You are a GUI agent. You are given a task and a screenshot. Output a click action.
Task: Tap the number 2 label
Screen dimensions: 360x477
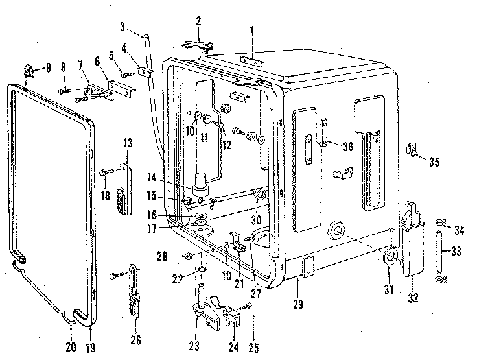pyautogui.click(x=199, y=21)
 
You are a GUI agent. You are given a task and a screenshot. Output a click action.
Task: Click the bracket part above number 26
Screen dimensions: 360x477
pyautogui.click(x=134, y=285)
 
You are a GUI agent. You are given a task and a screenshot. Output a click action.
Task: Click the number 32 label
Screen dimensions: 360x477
pyautogui.click(x=413, y=298)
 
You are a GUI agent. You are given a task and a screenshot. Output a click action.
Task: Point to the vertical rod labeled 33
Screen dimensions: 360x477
pyautogui.click(x=441, y=252)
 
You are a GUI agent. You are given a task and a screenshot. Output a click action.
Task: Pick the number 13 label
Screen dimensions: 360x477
pyautogui.click(x=127, y=143)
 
